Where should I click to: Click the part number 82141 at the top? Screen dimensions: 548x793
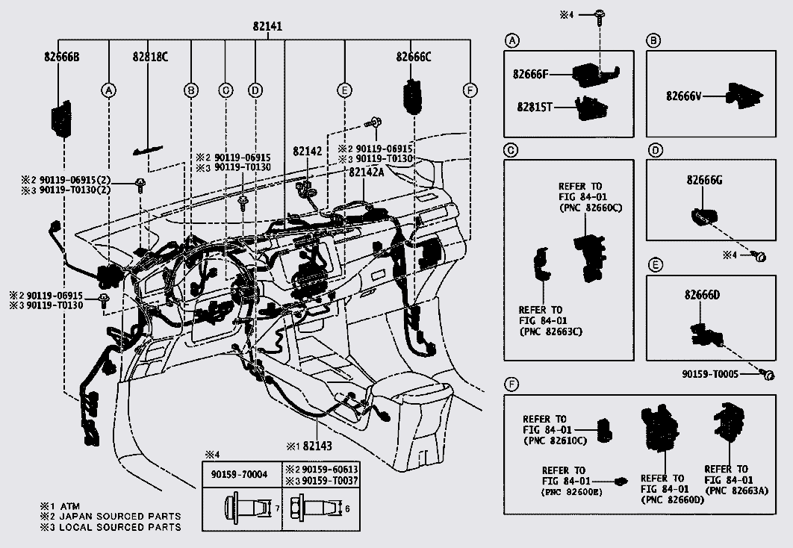coord(267,26)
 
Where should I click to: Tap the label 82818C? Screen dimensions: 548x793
coord(150,56)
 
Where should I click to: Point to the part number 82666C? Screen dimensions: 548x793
coord(414,56)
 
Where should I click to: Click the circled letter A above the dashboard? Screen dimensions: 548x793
coord(109,90)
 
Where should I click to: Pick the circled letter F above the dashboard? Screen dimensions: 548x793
coord(469,90)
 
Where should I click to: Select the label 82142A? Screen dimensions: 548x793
coord(366,171)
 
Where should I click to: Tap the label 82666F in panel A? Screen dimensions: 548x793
coord(530,74)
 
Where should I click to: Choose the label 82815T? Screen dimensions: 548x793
coord(532,107)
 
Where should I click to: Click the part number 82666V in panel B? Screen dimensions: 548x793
coord(685,96)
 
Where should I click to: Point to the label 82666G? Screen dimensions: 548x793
coord(704,180)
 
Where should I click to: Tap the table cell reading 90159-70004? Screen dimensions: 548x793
coord(240,475)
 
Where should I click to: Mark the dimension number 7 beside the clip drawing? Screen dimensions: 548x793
coord(277,508)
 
